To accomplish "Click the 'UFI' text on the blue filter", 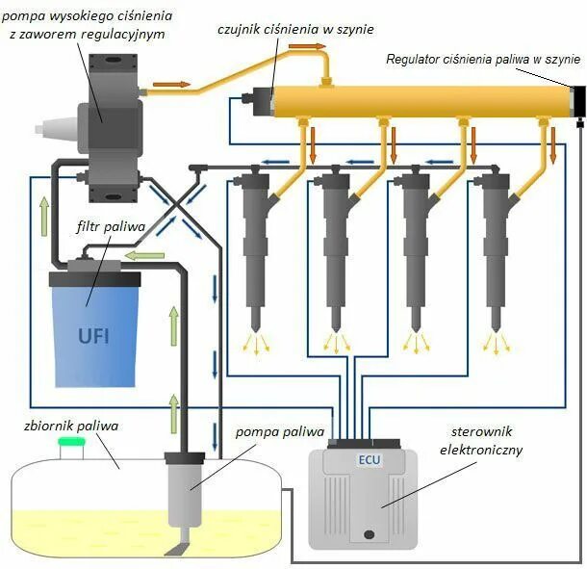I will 93,337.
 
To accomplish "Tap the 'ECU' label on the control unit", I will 369,459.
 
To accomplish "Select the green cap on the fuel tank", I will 71,442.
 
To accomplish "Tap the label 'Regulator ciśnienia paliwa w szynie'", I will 480,59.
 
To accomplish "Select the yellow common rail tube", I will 423,100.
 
